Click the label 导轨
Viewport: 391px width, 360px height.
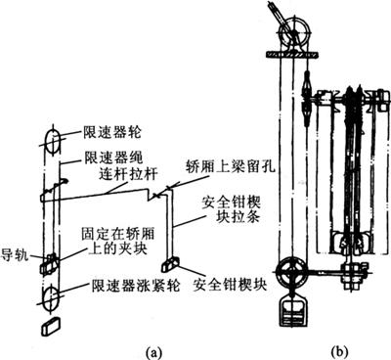click(15, 254)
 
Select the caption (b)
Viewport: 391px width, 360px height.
click(339, 352)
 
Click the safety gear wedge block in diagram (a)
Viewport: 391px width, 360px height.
click(170, 264)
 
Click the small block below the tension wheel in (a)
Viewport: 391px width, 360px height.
click(51, 326)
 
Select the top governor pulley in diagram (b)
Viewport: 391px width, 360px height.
click(294, 33)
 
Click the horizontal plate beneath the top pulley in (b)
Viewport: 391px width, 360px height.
click(292, 55)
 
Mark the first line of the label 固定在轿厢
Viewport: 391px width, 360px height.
click(117, 234)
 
